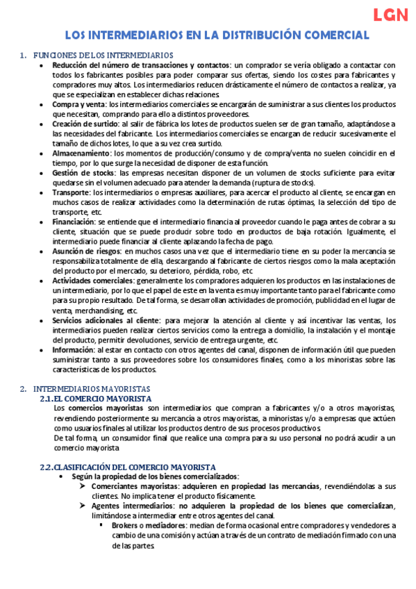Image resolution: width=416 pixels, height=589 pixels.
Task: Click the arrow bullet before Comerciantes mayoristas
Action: (83, 487)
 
